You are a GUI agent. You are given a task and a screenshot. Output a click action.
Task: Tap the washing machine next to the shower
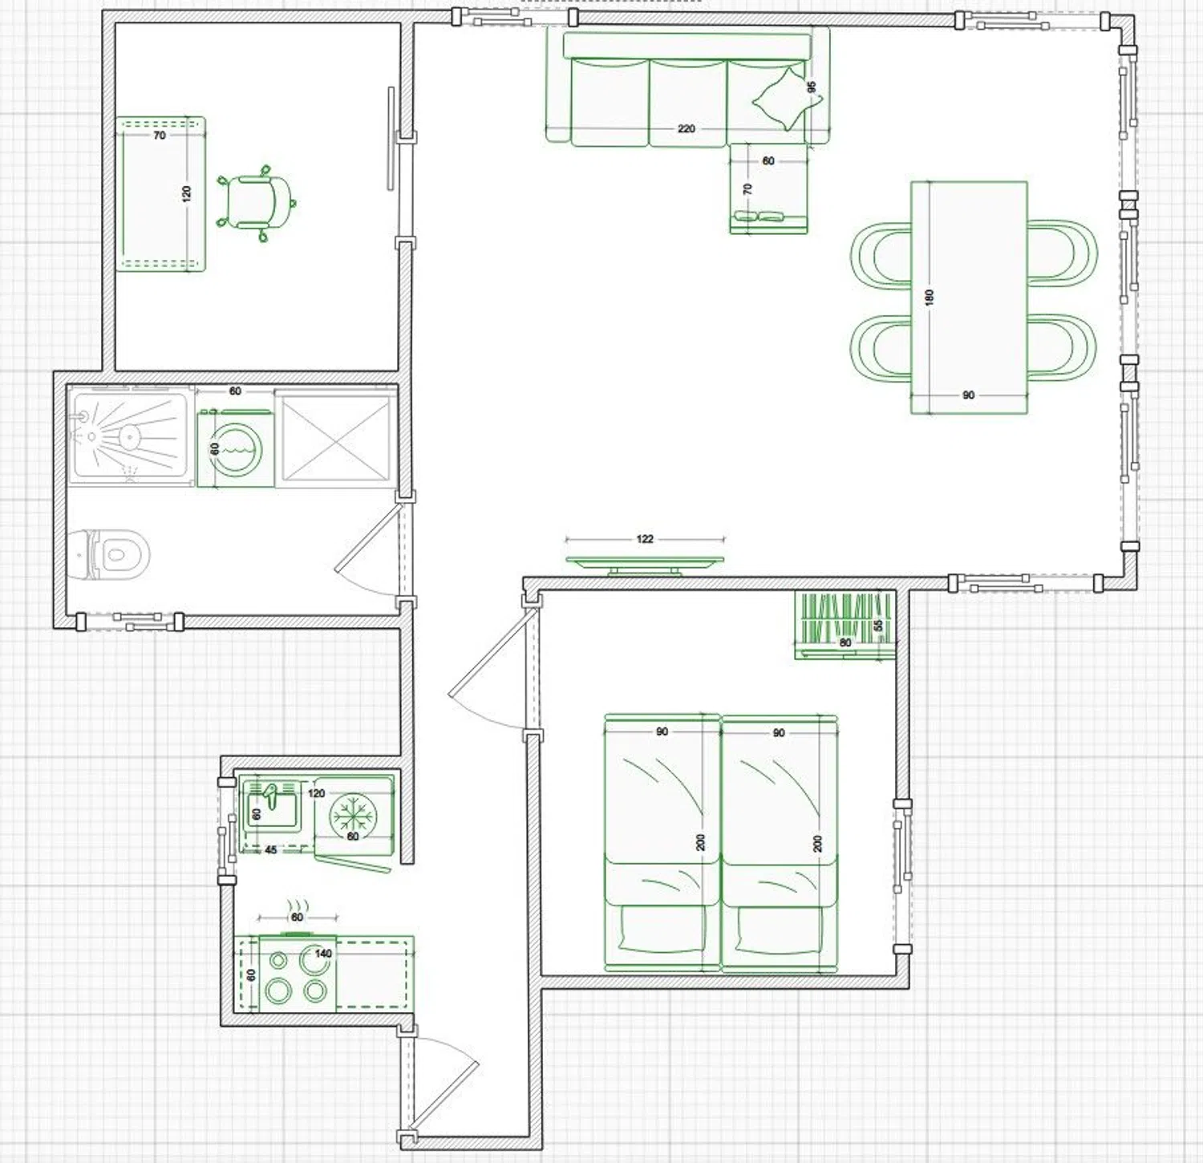(x=236, y=448)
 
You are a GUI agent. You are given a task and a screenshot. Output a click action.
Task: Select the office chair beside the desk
(x=254, y=202)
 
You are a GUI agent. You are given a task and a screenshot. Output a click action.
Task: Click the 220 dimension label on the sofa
(x=687, y=128)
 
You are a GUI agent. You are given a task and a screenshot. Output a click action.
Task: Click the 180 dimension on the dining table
(x=930, y=298)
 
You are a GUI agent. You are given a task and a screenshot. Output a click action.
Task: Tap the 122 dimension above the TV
(x=645, y=539)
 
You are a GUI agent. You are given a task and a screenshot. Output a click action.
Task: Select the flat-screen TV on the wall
(x=645, y=565)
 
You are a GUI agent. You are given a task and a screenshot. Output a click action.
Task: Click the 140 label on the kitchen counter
(x=323, y=954)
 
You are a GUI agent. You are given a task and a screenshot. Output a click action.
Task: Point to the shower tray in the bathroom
(x=131, y=436)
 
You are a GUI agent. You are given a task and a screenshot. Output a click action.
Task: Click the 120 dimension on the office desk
(x=187, y=193)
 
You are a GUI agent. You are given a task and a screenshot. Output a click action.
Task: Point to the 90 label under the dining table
(x=969, y=395)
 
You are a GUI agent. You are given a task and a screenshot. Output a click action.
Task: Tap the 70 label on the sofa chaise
(x=748, y=189)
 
